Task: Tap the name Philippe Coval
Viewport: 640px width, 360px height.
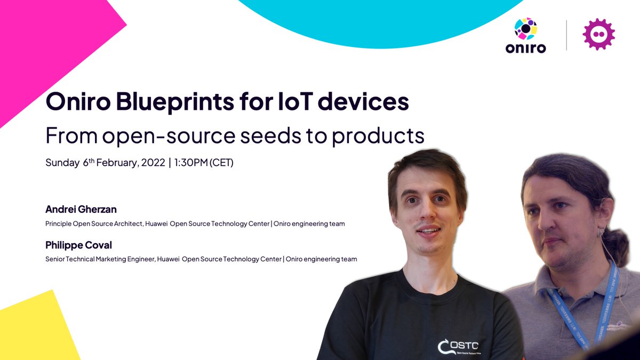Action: pyautogui.click(x=78, y=245)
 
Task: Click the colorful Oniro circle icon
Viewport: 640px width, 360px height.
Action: pyautogui.click(x=525, y=29)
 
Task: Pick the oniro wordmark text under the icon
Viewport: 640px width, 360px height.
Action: pyautogui.click(x=525, y=48)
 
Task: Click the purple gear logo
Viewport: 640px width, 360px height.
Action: pyautogui.click(x=598, y=34)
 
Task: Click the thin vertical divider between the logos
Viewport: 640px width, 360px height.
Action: pyautogui.click(x=566, y=35)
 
